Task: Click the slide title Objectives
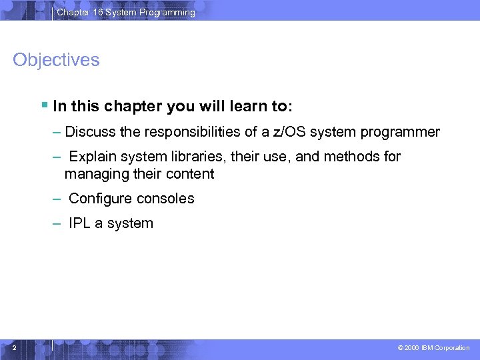click(x=56, y=60)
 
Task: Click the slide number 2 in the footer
click(x=14, y=347)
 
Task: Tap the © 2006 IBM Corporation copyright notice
click(x=433, y=348)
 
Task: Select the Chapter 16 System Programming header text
click(x=126, y=12)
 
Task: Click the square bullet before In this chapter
click(x=44, y=105)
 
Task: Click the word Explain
click(x=93, y=157)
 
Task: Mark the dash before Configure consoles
click(x=57, y=199)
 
